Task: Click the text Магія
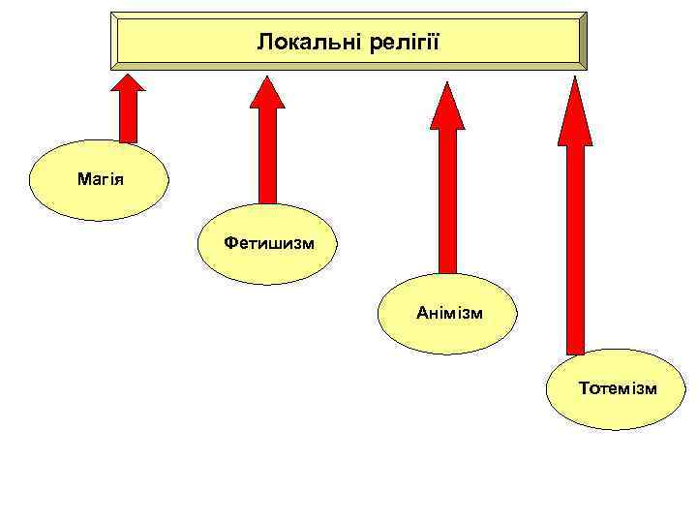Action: coord(99,180)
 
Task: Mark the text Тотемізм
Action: coord(618,388)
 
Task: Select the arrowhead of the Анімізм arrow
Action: coord(446,106)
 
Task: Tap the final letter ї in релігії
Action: coord(437,42)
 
